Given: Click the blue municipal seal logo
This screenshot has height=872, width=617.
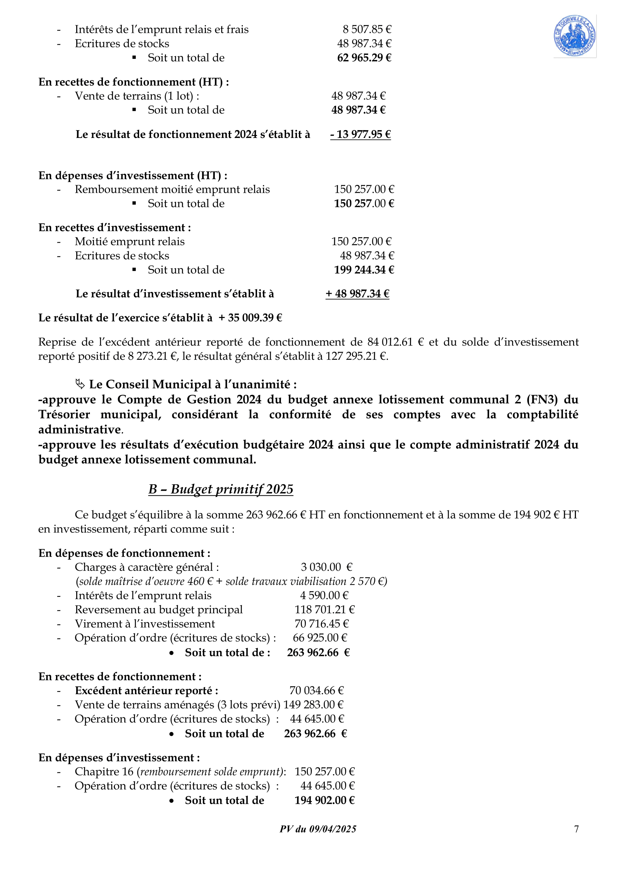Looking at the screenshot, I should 574,36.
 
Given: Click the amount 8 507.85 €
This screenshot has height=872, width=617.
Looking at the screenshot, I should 367,29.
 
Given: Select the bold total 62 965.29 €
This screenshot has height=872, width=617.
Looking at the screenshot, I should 364,58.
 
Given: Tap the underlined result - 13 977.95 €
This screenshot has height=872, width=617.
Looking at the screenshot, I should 360,135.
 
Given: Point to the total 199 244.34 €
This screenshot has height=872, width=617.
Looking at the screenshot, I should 364,270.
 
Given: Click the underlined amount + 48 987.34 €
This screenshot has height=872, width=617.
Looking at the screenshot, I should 357,293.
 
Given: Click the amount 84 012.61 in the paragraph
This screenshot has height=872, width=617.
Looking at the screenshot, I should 390,342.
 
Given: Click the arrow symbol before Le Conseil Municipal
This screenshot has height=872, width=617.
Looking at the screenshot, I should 80,384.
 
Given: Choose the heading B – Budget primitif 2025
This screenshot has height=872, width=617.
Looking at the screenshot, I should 220,489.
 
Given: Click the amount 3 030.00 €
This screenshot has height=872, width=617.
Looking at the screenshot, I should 326,567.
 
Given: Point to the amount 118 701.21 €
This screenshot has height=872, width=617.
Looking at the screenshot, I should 325,610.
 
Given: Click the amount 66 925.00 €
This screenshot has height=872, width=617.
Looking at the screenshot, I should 320,638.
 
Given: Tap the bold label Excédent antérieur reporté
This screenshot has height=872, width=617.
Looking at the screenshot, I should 146,690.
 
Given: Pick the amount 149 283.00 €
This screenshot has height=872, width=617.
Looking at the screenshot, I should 313,705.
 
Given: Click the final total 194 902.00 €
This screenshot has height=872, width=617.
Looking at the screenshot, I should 325,800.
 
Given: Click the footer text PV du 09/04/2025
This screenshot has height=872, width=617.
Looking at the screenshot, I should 318,829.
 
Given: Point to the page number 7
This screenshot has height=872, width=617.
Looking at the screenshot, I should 576,829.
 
